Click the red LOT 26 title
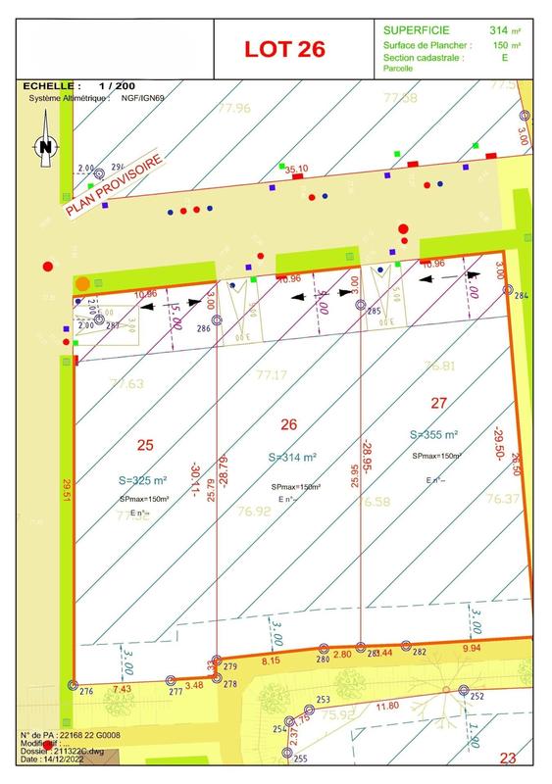(x=284, y=49)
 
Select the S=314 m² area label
(x=291, y=458)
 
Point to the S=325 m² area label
(x=143, y=480)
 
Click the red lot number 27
(x=438, y=402)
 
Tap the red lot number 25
(x=145, y=445)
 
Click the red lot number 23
(x=508, y=758)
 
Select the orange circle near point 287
(x=83, y=284)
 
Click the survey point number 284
(x=521, y=296)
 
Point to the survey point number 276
(x=86, y=692)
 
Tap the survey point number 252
(x=477, y=696)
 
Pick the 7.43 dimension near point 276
(x=122, y=689)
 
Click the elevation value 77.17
(x=271, y=375)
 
